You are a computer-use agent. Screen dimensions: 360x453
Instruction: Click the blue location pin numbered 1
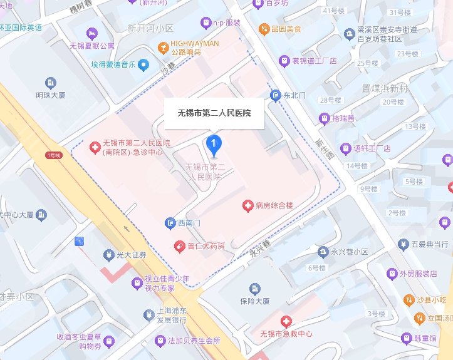pyautogui.click(x=214, y=145)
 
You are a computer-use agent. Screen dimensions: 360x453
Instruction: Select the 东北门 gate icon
pyautogui.click(x=275, y=95)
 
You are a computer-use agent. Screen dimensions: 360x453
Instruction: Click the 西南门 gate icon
pyautogui.click(x=170, y=223)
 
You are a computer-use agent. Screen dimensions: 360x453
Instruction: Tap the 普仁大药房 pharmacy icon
pyautogui.click(x=179, y=244)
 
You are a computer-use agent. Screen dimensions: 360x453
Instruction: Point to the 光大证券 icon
pyautogui.click(x=108, y=255)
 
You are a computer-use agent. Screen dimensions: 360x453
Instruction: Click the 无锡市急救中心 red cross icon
pyautogui.click(x=286, y=321)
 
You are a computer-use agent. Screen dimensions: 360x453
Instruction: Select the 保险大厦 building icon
pyautogui.click(x=254, y=288)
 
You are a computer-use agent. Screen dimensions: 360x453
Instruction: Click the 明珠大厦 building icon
pyautogui.click(x=50, y=83)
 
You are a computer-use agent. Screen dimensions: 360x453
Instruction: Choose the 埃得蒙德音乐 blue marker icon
pyautogui.click(x=144, y=64)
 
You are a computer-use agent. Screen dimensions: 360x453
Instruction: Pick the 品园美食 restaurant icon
pyautogui.click(x=265, y=29)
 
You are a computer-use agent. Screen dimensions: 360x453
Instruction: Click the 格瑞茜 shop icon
pyautogui.click(x=324, y=118)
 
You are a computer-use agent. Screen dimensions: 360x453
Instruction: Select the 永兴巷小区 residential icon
pyautogui.click(x=323, y=252)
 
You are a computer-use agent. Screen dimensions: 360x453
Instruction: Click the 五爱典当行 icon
pyautogui.click(x=405, y=244)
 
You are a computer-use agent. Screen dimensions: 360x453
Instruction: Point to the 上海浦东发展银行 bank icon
pyautogui.click(x=148, y=314)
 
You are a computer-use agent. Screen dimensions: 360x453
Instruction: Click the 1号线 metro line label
pyautogui.click(x=53, y=155)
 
